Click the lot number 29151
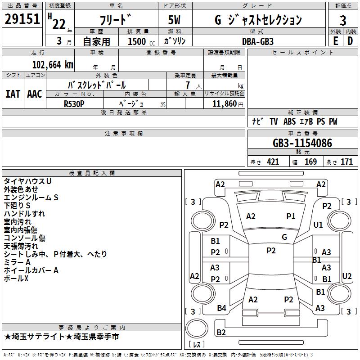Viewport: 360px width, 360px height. click(22, 19)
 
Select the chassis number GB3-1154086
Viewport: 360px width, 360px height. click(302, 144)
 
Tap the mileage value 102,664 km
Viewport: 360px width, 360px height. click(53, 64)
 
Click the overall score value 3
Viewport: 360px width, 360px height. click(343, 20)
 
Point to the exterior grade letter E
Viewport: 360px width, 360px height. click(335, 40)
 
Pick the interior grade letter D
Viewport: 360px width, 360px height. click(350, 40)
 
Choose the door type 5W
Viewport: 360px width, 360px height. click(174, 20)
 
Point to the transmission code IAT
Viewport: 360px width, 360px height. click(13, 94)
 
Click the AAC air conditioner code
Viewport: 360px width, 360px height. click(35, 94)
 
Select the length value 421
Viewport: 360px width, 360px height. click(273, 162)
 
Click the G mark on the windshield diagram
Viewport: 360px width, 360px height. click(284, 237)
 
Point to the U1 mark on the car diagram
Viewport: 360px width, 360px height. click(319, 225)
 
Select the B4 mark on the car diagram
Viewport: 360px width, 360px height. click(221, 308)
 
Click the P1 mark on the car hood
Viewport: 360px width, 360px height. click(291, 216)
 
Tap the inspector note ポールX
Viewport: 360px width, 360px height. click(16, 279)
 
